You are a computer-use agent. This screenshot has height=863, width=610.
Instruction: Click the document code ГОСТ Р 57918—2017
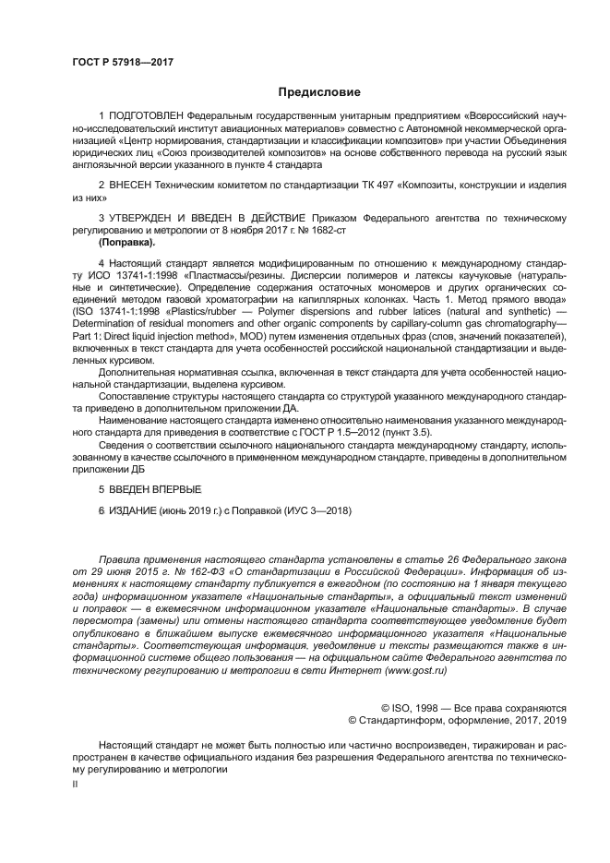click(x=122, y=62)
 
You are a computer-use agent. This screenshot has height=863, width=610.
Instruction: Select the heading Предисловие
click(x=318, y=91)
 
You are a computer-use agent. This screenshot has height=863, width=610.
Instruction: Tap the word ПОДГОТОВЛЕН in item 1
click(x=143, y=117)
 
